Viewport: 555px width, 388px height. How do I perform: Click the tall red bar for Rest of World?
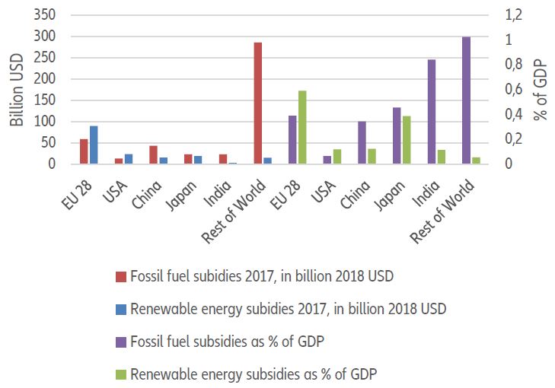[258, 103]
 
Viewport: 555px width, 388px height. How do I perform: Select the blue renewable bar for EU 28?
[94, 145]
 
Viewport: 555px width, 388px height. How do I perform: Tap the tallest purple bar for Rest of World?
[466, 100]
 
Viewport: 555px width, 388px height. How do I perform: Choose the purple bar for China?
[362, 142]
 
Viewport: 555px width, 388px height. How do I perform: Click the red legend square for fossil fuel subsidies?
[119, 276]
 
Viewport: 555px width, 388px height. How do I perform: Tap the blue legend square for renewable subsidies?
[119, 309]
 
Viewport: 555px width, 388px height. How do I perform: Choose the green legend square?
[119, 374]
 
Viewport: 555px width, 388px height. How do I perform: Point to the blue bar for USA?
[129, 159]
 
